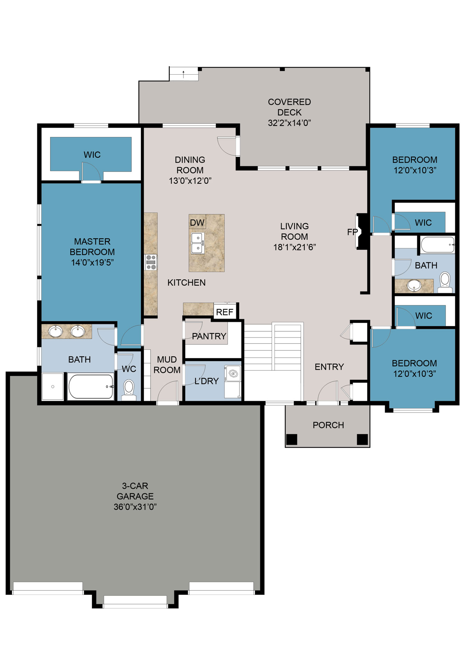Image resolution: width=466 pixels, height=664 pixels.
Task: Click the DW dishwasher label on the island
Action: tap(197, 223)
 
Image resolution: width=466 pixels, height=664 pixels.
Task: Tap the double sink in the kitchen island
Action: tap(198, 243)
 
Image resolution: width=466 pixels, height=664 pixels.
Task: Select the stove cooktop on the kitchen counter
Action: tap(151, 262)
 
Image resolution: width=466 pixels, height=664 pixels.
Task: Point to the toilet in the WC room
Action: tap(129, 389)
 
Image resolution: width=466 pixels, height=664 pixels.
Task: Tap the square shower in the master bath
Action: tap(53, 386)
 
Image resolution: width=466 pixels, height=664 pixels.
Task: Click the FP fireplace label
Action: tap(352, 232)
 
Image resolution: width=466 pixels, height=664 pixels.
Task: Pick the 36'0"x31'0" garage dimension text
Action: tap(135, 507)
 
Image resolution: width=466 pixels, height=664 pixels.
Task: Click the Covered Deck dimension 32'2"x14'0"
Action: tap(289, 123)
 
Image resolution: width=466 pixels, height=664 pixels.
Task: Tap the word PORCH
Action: tap(328, 425)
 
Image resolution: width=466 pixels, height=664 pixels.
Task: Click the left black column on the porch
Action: tap(292, 439)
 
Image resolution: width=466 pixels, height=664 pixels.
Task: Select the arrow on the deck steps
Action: tap(183, 74)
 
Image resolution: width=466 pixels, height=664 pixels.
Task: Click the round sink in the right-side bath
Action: tap(414, 285)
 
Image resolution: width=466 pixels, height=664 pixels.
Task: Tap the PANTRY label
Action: tap(209, 336)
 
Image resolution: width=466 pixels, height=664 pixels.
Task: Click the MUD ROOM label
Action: tap(167, 365)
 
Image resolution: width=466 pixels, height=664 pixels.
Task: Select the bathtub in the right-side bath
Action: tap(437, 245)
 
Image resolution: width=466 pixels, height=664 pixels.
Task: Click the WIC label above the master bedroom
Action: tap(92, 155)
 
